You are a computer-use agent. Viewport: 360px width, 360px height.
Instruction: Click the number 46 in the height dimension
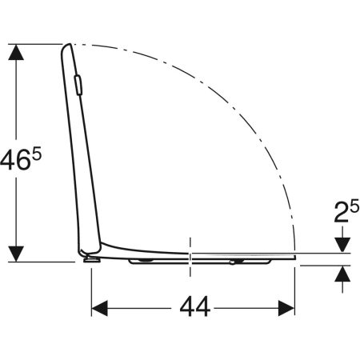tap(15, 160)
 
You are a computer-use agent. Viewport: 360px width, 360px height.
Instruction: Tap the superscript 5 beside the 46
tap(37, 154)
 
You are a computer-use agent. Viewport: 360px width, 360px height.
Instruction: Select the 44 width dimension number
tap(195, 307)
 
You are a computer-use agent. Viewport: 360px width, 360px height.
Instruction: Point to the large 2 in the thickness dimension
tap(342, 212)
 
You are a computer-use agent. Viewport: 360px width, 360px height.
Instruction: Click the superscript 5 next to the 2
tap(354, 206)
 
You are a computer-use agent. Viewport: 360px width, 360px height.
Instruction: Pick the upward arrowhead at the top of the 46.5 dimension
tap(16, 52)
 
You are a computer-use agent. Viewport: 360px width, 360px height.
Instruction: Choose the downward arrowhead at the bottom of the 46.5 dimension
tap(16, 254)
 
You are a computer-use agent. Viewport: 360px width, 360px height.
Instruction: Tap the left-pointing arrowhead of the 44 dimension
tap(99, 308)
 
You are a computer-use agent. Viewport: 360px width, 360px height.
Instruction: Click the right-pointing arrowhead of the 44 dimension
tap(286, 308)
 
